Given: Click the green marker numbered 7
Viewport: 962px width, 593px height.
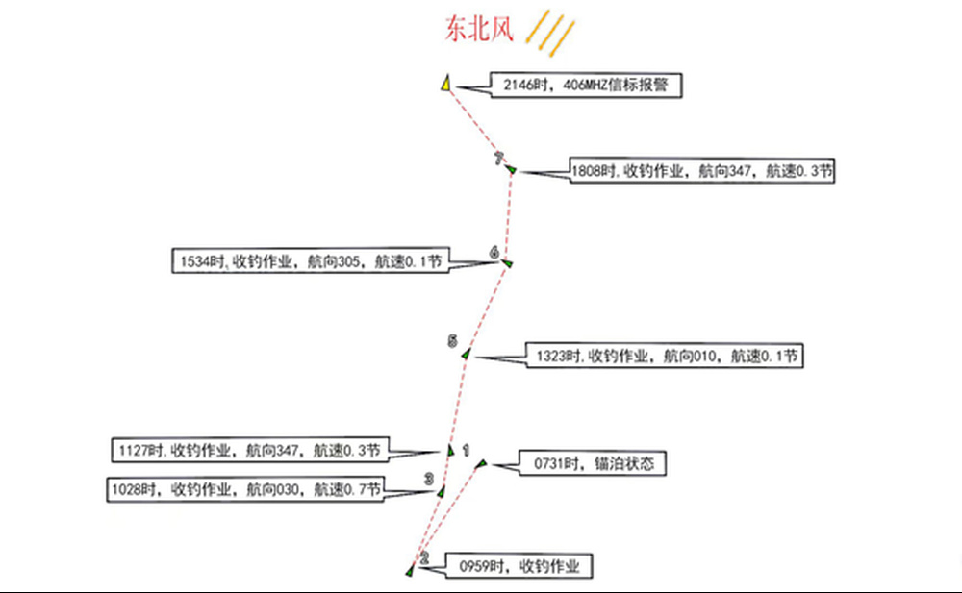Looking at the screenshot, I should (x=511, y=170).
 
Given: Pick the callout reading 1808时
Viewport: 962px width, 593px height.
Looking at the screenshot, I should (x=701, y=171).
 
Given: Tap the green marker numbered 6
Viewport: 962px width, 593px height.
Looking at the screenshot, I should (x=507, y=263).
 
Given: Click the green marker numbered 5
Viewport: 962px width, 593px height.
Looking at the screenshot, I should (x=466, y=355).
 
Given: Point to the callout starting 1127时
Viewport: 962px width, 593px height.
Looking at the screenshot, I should (x=250, y=450).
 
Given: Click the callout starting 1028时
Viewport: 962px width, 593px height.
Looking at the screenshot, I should (x=245, y=489).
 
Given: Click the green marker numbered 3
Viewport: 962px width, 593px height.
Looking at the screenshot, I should (x=442, y=491).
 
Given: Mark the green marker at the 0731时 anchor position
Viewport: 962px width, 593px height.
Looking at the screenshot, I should (x=482, y=464).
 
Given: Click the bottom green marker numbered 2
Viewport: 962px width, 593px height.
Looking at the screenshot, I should (x=411, y=570).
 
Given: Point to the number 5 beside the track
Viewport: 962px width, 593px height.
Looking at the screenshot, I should (x=452, y=341).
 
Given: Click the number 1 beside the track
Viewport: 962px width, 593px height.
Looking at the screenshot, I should (x=466, y=449).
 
